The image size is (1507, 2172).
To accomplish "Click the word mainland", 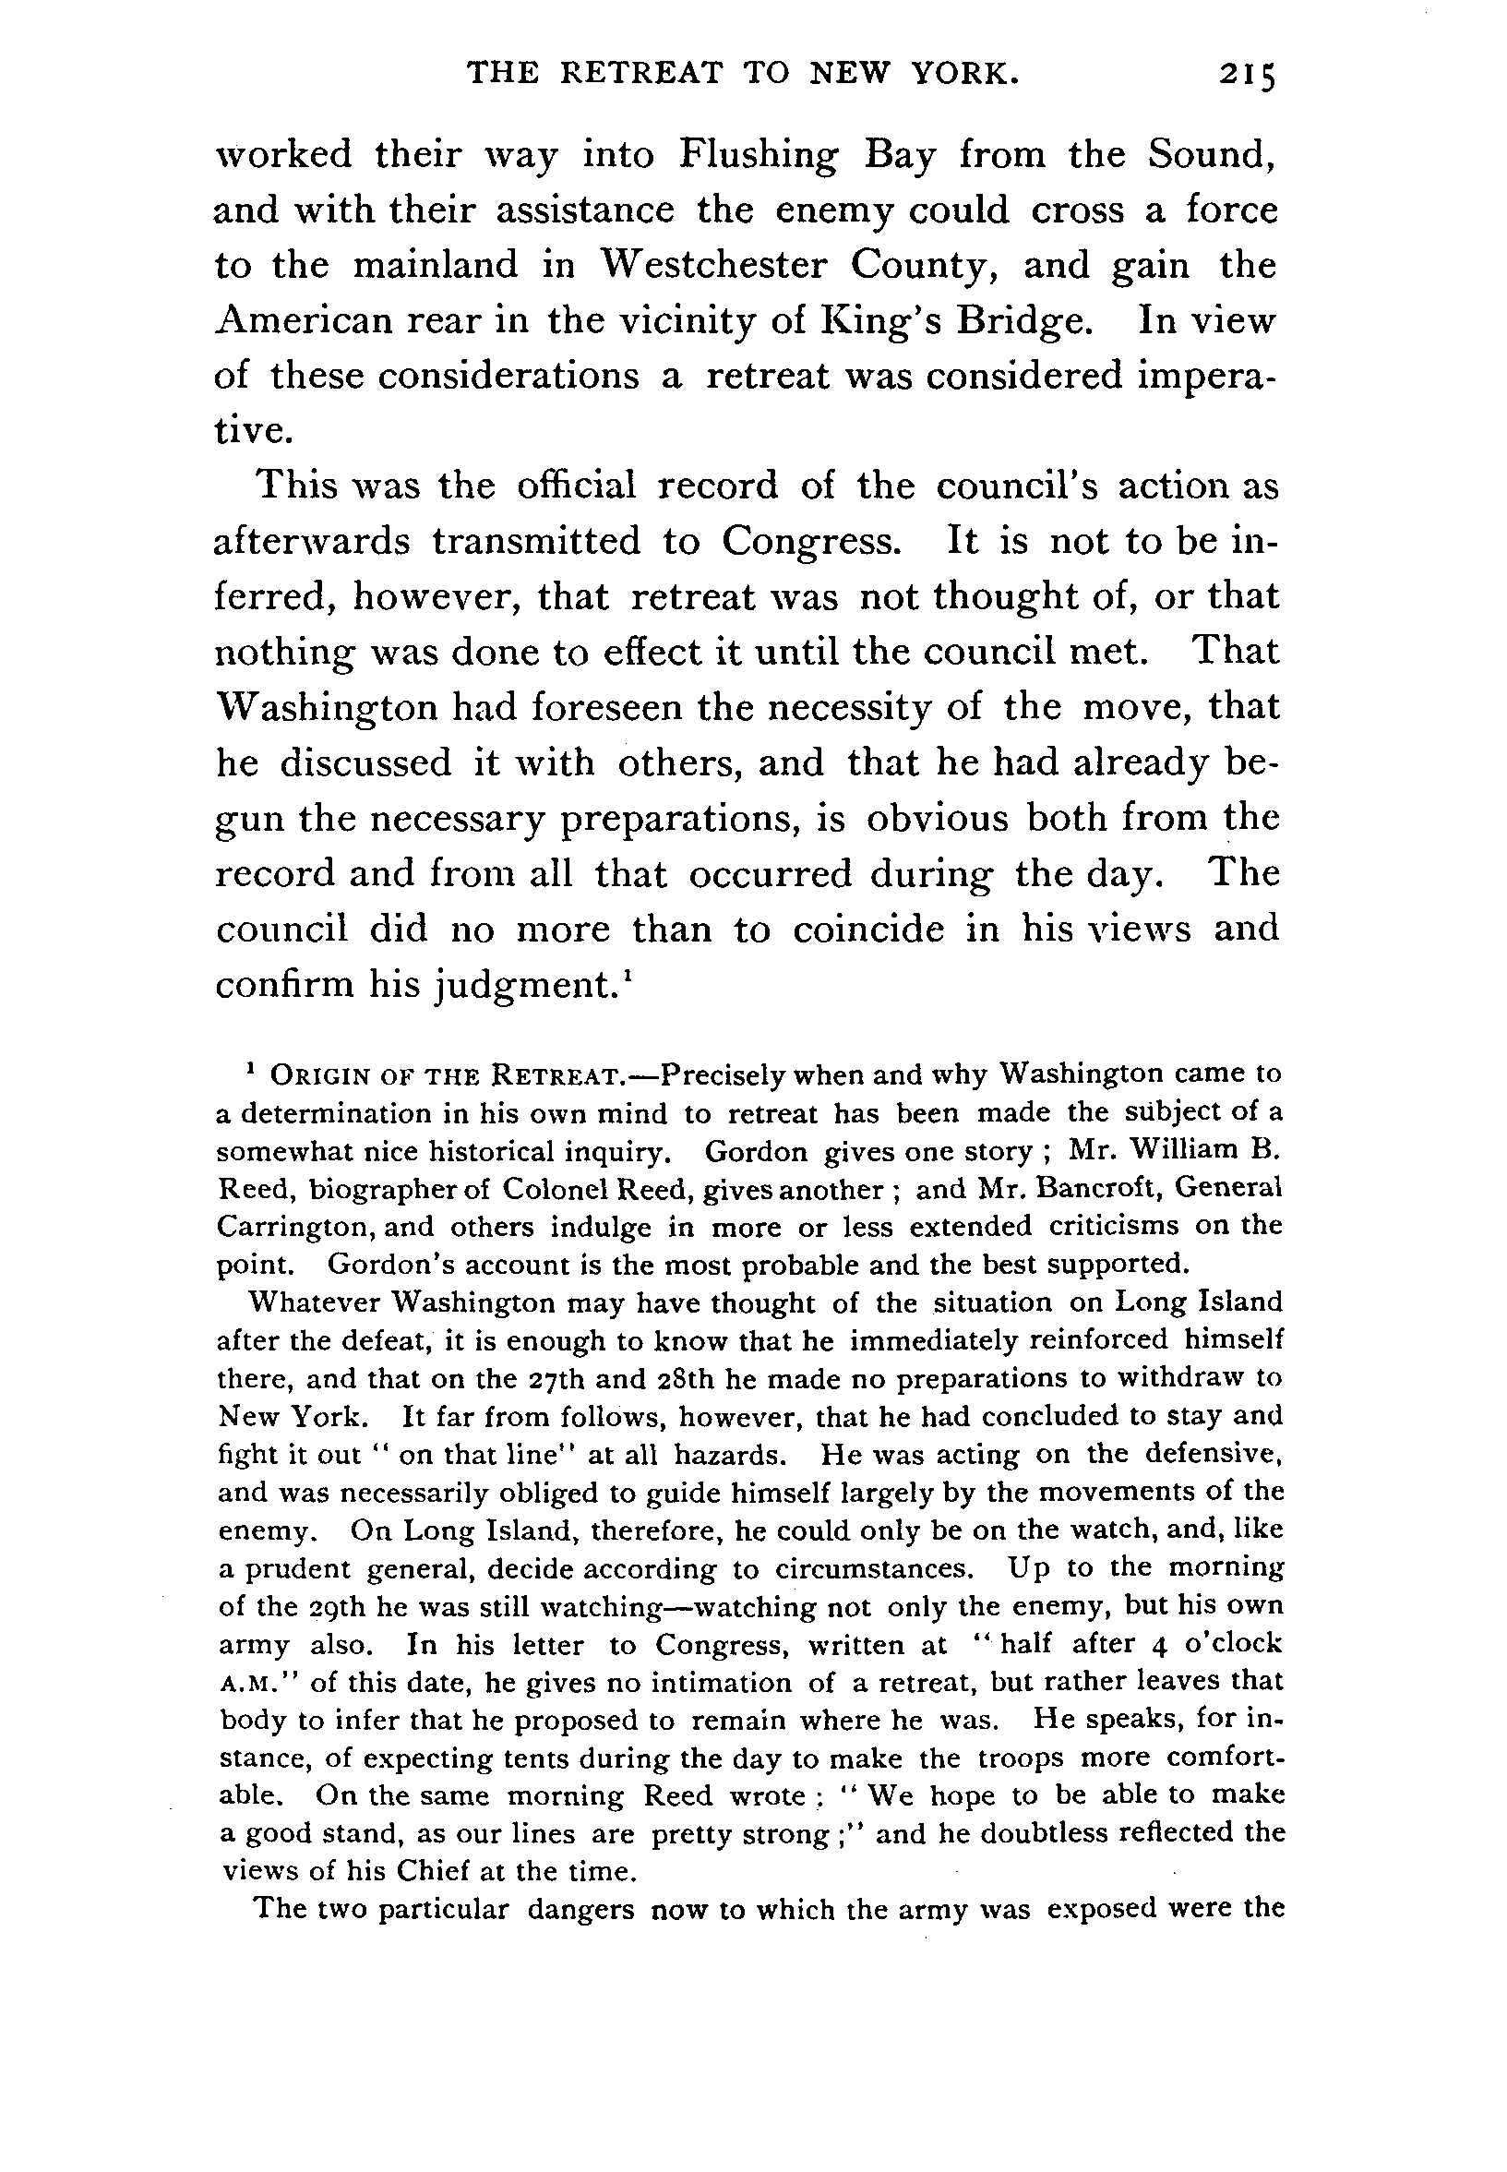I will point(436,265).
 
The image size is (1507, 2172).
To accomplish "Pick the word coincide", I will point(867,930).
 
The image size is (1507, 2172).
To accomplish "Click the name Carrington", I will point(284,1227).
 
